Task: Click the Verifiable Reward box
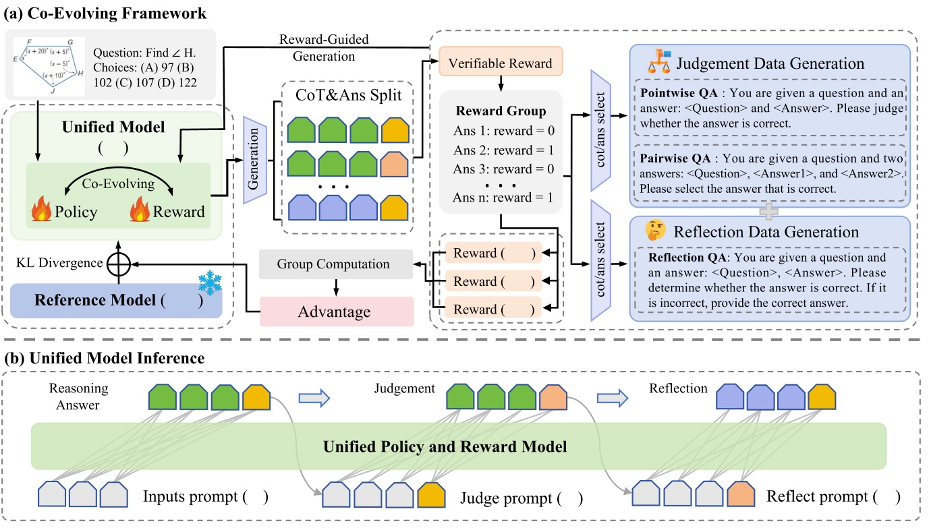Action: pyautogui.click(x=500, y=63)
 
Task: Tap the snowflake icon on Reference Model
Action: pyautogui.click(x=211, y=285)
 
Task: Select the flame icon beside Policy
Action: pyautogui.click(x=41, y=210)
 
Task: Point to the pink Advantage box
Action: pyautogui.click(x=336, y=312)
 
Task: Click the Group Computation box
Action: pyautogui.click(x=336, y=264)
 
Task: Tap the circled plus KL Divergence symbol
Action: pyautogui.click(x=119, y=264)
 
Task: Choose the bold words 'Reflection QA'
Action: pyautogui.click(x=678, y=258)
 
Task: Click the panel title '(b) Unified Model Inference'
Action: pyautogui.click(x=105, y=358)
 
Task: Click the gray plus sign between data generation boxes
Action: pyautogui.click(x=769, y=211)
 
